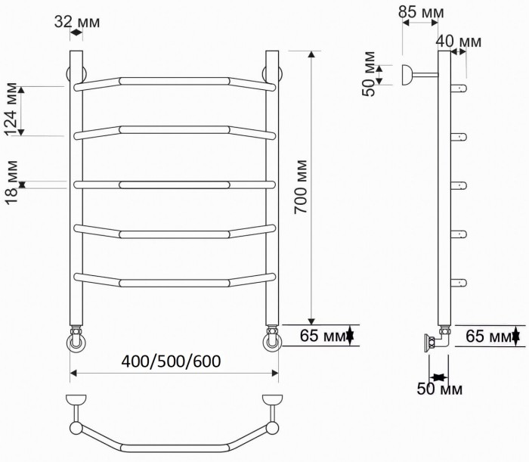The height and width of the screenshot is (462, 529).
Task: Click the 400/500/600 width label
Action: [x=172, y=361]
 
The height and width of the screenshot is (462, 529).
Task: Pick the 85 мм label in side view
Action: [x=422, y=13]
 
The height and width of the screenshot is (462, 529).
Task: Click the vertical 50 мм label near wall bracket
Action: [x=369, y=74]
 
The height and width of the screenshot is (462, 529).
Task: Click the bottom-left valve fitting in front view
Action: [x=77, y=340]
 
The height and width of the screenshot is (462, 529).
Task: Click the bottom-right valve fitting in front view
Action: [x=271, y=340]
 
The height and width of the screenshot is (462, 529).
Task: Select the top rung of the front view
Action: [x=174, y=80]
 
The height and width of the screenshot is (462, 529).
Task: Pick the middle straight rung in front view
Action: [x=174, y=183]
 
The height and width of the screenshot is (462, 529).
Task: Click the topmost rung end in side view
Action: [x=460, y=88]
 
